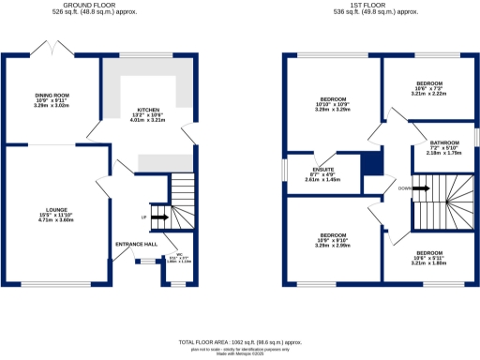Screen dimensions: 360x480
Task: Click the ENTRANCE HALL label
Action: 135,244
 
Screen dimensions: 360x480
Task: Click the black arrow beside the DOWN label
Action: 421,188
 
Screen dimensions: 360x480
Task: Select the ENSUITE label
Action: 322,169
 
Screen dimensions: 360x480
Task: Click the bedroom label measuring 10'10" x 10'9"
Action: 335,98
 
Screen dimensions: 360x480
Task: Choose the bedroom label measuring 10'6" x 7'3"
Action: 430,83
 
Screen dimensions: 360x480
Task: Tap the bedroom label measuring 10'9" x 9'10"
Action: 335,234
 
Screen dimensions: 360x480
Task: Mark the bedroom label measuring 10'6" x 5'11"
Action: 430,253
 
